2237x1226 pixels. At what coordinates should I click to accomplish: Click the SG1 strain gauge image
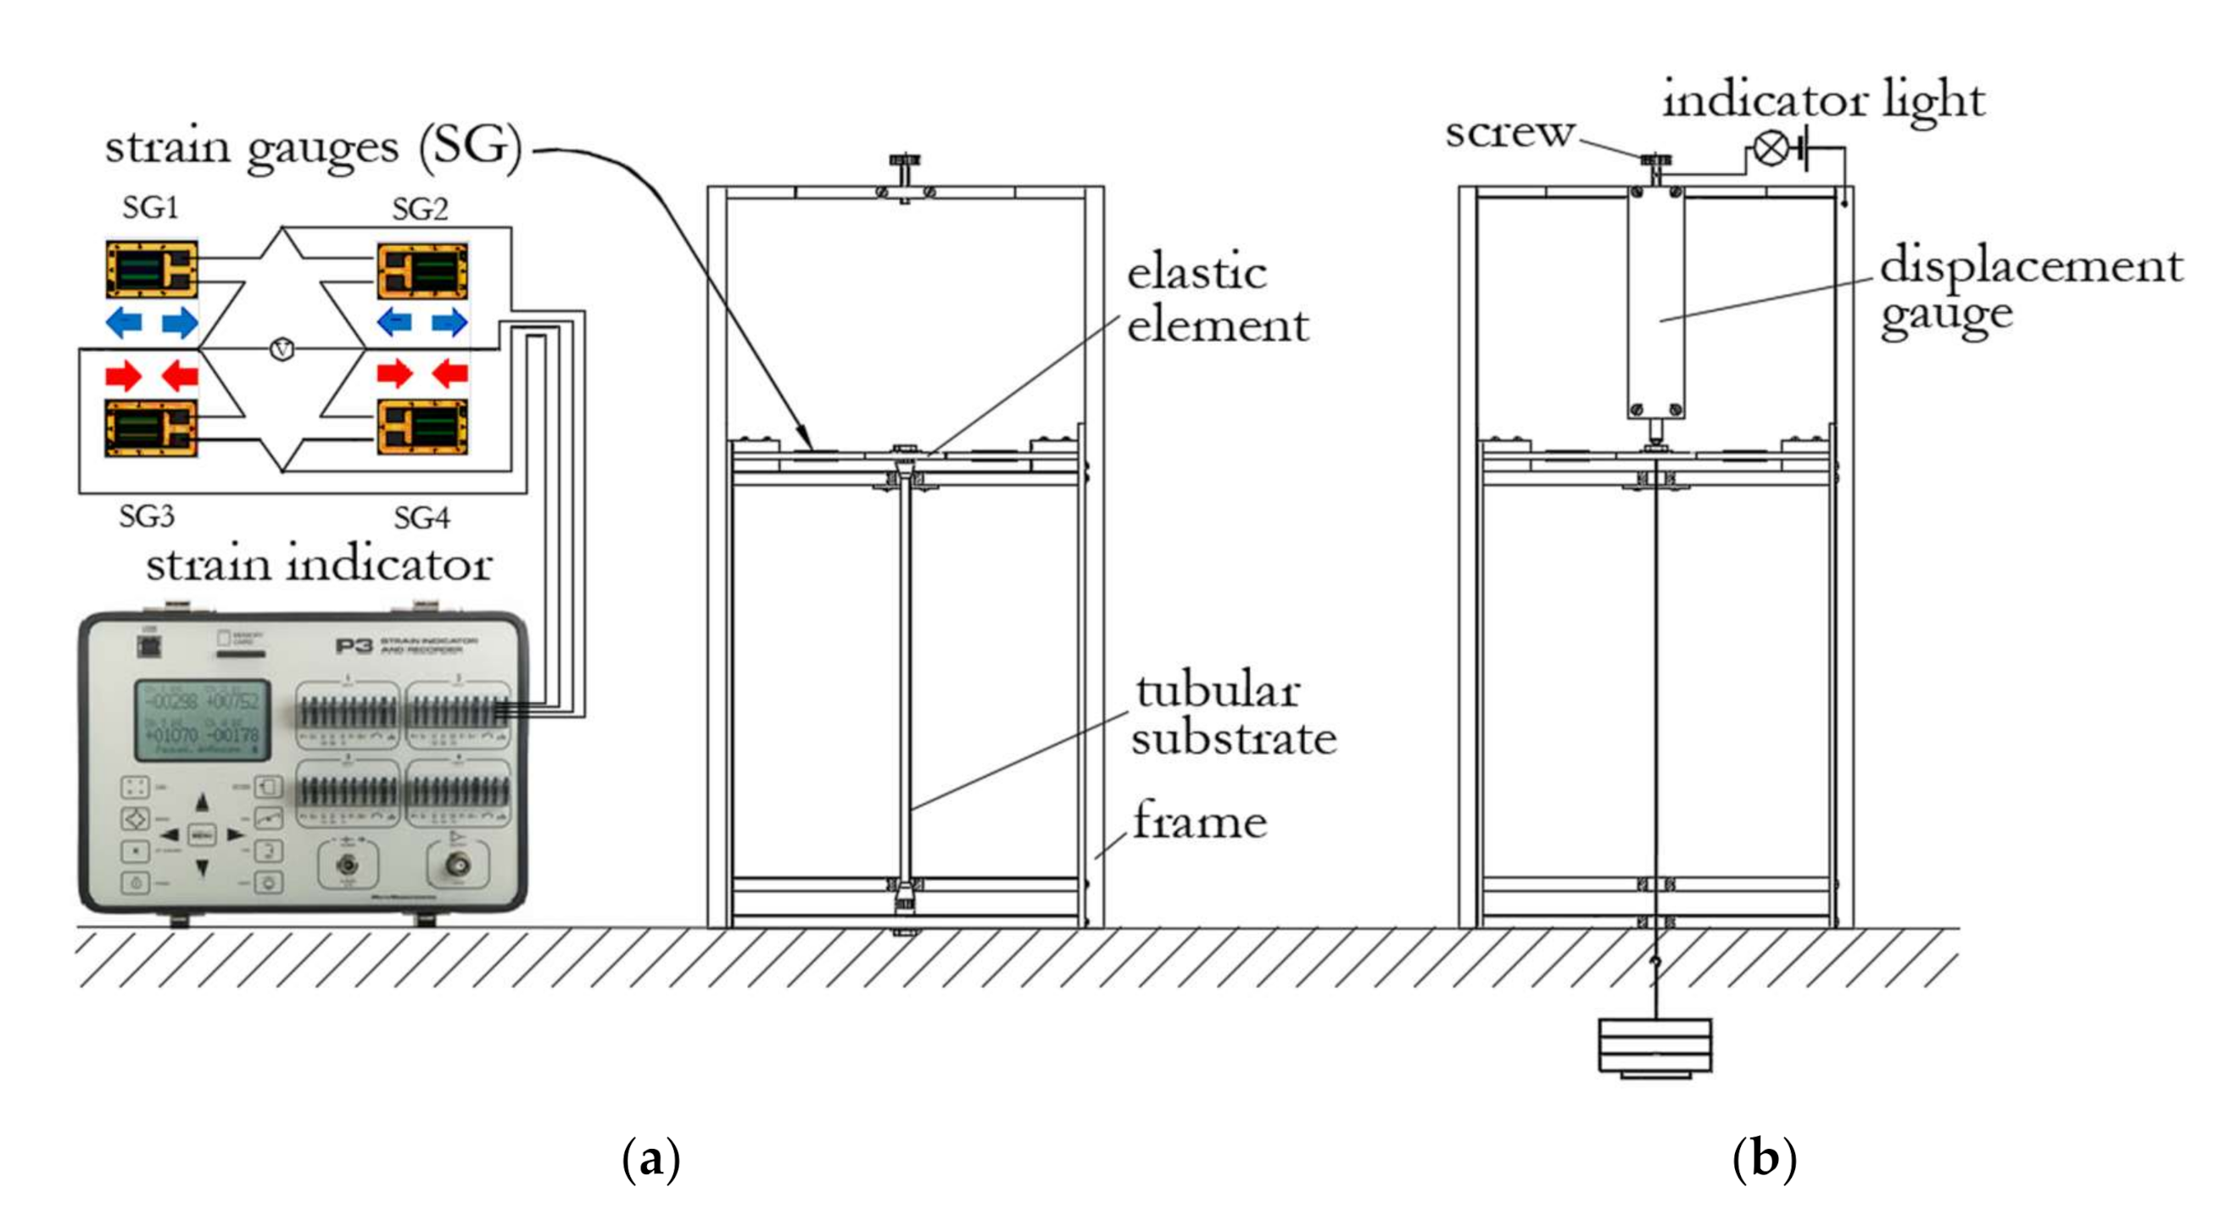[x=151, y=269]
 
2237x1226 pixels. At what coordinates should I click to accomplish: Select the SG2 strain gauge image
[x=422, y=271]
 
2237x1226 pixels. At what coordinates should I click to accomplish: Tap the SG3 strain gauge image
[x=151, y=427]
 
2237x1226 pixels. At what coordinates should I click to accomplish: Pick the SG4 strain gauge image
[x=422, y=426]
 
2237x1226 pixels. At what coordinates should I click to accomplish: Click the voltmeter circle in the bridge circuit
[x=282, y=349]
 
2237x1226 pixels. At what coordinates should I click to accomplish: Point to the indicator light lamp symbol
[x=1770, y=148]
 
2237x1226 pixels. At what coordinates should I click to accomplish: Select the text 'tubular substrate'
[x=1231, y=715]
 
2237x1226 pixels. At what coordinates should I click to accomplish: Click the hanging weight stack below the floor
[x=1655, y=1047]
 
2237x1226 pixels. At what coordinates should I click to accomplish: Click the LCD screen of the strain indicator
[x=202, y=721]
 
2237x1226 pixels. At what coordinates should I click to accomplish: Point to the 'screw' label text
[x=1509, y=133]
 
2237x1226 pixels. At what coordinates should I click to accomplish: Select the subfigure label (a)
[x=651, y=1159]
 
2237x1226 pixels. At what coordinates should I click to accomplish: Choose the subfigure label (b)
[x=1764, y=1159]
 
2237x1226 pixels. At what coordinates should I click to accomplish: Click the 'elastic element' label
[x=1216, y=298]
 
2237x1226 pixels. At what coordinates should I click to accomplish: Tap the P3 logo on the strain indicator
[x=354, y=646]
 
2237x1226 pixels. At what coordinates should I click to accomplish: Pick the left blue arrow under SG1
[x=124, y=323]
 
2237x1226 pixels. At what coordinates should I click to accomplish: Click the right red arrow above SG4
[x=449, y=374]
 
